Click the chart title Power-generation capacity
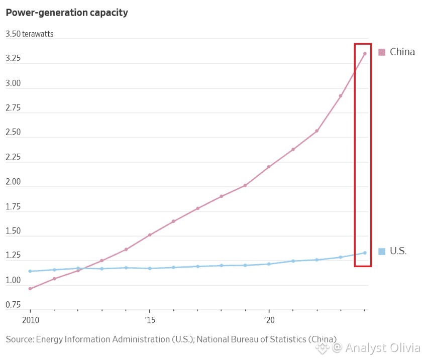coord(67,13)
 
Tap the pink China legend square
coord(381,52)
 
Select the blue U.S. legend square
coord(381,251)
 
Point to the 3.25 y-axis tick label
coord(13,59)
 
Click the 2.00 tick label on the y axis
coord(13,182)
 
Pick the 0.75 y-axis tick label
coord(13,305)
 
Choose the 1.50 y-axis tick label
coord(13,231)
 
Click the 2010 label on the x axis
coord(30,320)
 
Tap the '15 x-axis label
coord(149,320)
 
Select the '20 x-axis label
coord(269,320)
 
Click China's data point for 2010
coord(30,289)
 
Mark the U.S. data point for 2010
coord(30,271)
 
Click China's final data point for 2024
coord(365,54)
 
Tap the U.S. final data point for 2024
coord(365,253)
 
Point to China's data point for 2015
coord(150,235)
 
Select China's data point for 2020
coord(269,167)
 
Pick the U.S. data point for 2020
coord(269,264)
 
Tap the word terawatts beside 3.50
coord(38,34)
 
